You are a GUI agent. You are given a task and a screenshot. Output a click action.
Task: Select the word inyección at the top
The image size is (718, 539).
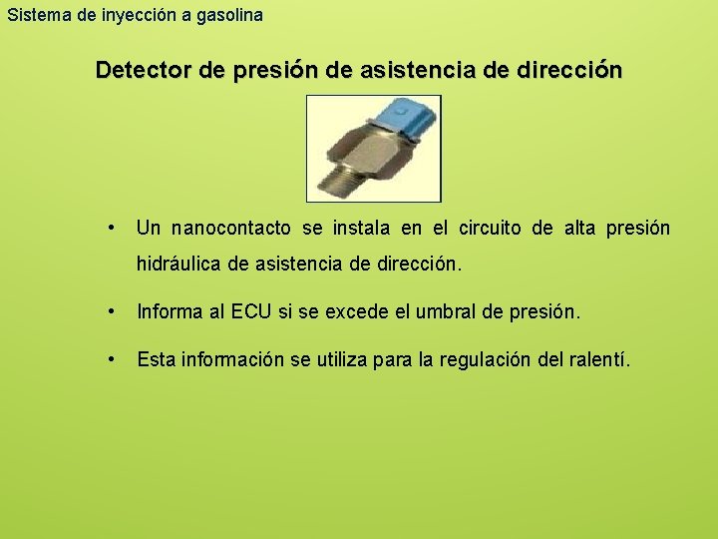[x=134, y=16]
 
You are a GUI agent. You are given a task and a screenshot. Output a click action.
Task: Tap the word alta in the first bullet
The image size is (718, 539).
[x=579, y=229]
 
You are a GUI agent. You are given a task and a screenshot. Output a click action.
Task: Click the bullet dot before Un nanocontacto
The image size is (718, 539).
[x=117, y=228]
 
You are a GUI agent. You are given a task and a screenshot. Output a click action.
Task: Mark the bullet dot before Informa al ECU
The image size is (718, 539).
[x=117, y=311]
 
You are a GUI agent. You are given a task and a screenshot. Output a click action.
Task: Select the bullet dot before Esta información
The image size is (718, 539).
[x=117, y=357]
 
